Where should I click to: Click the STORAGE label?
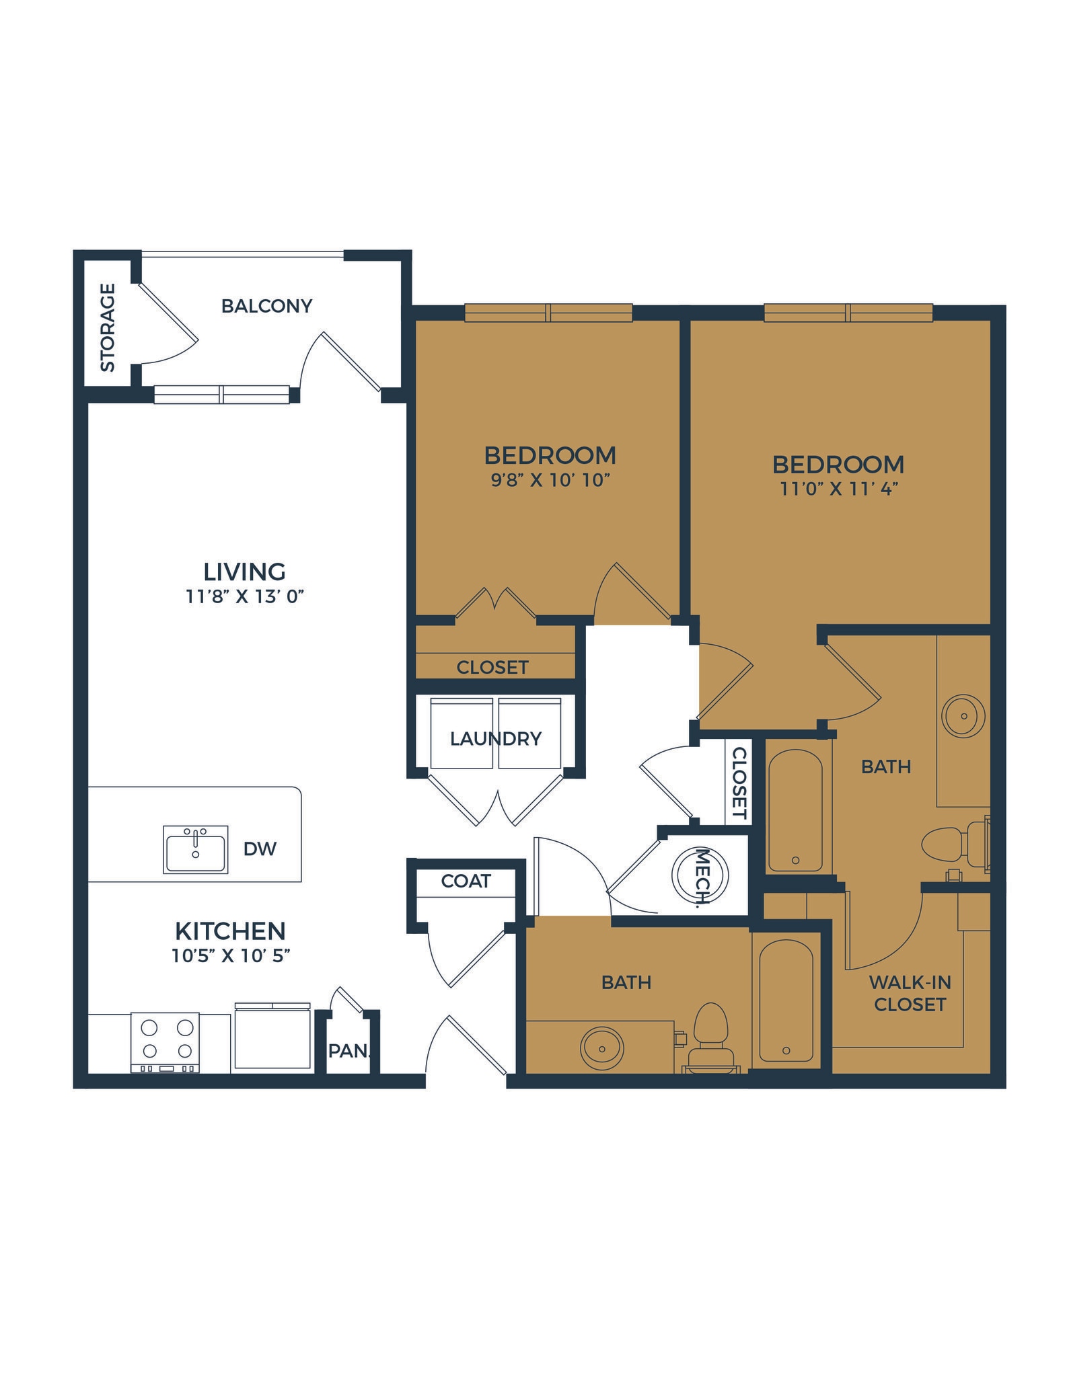pos(108,327)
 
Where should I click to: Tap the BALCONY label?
pos(266,306)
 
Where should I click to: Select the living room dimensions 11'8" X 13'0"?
pos(246,596)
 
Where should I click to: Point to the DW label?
pos(260,849)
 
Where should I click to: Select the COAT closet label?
pos(466,881)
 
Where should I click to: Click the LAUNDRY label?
pos(496,738)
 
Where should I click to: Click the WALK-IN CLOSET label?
pos(910,993)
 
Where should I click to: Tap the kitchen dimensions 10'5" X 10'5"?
pos(230,955)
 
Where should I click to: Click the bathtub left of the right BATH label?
pos(795,810)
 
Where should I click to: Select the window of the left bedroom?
pos(549,313)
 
